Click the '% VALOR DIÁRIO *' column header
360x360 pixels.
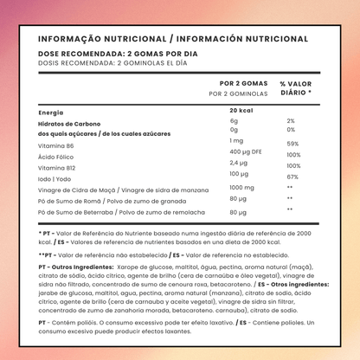tap(297, 88)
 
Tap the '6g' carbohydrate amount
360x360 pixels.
tap(234, 121)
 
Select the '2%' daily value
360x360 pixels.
tap(290, 121)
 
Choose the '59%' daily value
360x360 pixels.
tap(292, 144)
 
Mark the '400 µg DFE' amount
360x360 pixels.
tap(247, 151)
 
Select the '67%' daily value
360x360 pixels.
tap(292, 177)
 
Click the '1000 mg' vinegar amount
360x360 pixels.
tap(241, 187)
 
